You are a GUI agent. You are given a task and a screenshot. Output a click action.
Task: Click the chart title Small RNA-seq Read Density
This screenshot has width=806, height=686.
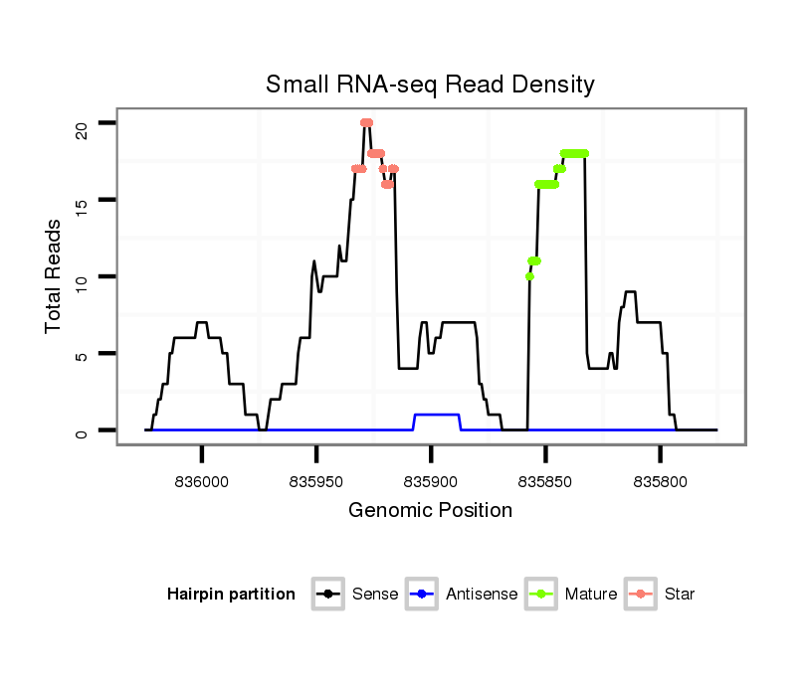(430, 85)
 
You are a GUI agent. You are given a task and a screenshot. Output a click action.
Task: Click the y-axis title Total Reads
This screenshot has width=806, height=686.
(54, 276)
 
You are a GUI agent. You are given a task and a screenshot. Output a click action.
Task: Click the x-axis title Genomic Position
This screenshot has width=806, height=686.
(430, 511)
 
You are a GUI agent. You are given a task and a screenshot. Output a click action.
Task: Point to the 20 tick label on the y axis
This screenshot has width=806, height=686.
(82, 123)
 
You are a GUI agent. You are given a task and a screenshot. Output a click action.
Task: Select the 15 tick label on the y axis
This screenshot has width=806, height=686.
(82, 200)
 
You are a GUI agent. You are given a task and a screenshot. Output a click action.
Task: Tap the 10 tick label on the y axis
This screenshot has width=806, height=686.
(82, 276)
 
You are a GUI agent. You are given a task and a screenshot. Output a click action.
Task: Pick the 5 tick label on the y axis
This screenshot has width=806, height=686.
(82, 354)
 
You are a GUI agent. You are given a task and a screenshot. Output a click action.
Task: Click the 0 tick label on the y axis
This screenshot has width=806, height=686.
(82, 430)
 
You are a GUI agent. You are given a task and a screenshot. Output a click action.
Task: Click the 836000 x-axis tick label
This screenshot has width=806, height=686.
(202, 481)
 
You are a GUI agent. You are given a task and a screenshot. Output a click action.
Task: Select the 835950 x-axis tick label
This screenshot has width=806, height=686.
(316, 481)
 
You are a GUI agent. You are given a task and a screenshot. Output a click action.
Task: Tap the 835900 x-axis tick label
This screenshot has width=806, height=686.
(431, 481)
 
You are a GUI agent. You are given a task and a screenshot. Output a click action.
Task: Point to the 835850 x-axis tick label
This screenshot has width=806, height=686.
(545, 481)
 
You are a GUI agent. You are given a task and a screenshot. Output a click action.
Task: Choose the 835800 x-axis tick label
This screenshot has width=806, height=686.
(660, 481)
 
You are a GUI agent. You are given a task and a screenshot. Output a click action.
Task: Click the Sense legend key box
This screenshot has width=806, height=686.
(327, 595)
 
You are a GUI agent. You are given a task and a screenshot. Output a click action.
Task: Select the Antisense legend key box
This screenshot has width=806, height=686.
(421, 595)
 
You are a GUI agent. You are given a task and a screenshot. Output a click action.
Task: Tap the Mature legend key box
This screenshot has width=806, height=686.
(540, 595)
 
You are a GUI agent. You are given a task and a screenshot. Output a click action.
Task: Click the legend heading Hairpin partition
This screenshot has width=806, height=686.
(231, 595)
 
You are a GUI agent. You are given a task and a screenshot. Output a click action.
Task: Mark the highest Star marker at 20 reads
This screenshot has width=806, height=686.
(366, 122)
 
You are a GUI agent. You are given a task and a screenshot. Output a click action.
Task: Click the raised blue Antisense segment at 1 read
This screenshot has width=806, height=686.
(437, 415)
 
